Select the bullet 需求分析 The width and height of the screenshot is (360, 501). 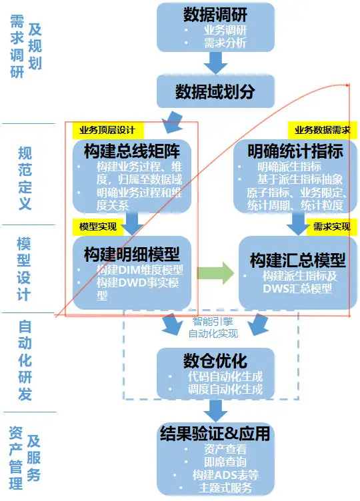point(225,43)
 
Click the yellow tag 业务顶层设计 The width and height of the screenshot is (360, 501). point(106,130)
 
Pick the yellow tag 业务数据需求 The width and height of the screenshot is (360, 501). point(323,130)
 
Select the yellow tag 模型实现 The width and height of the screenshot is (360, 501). point(97,227)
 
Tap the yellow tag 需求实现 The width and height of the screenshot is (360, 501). point(331,227)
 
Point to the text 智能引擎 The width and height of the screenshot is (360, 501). point(213,321)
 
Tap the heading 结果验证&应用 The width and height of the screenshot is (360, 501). point(215,434)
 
